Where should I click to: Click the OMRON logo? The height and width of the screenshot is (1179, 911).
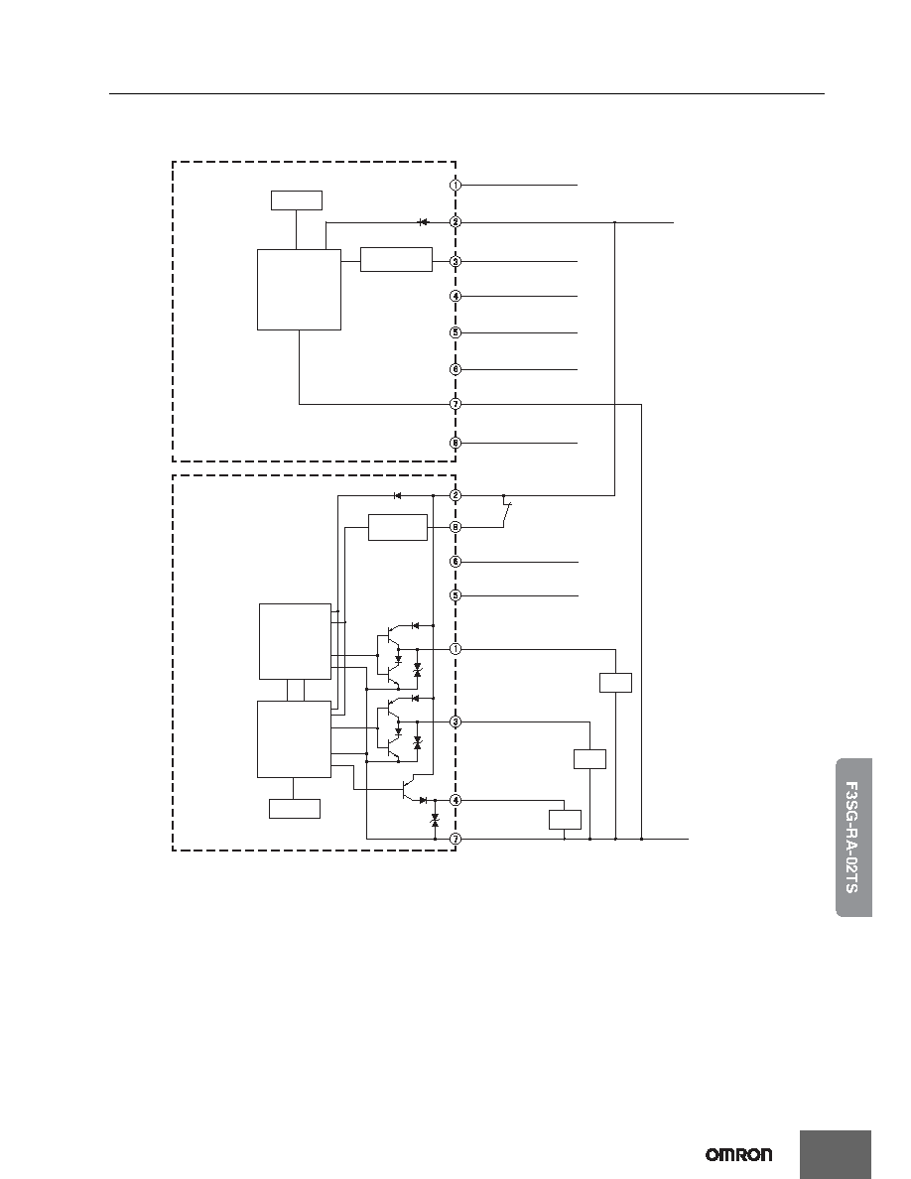click(738, 1154)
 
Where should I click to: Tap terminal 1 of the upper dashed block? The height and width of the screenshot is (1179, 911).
click(455, 185)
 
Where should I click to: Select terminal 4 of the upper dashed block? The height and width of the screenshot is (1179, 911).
click(455, 297)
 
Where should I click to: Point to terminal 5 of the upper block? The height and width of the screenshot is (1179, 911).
click(455, 332)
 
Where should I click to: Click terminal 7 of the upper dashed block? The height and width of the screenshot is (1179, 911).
click(455, 405)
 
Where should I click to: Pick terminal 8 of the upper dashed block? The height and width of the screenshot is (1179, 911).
click(455, 443)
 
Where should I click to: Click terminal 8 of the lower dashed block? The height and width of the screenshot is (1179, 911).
click(455, 527)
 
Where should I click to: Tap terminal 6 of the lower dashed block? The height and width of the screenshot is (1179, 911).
click(455, 562)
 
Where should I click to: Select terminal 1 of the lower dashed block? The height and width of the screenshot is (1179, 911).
click(455, 649)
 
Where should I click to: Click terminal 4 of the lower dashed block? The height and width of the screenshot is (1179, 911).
click(455, 800)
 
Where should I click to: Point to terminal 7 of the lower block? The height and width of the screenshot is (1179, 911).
click(455, 839)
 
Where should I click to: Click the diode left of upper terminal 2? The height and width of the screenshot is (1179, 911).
click(423, 222)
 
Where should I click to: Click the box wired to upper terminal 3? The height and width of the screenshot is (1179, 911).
click(396, 259)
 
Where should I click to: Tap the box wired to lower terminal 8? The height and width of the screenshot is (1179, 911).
click(398, 527)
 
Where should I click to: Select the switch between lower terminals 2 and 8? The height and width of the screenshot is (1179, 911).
click(507, 512)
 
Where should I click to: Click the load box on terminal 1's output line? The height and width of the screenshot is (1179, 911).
click(615, 683)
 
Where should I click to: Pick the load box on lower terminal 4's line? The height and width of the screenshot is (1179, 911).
click(565, 820)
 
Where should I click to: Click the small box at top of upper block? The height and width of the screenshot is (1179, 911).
click(296, 200)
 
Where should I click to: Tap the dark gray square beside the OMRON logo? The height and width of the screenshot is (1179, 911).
click(836, 1155)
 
